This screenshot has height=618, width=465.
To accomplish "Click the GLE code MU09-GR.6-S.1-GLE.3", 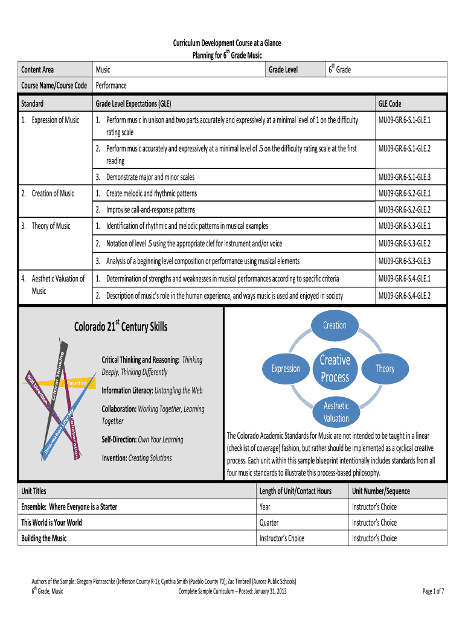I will click(x=404, y=177).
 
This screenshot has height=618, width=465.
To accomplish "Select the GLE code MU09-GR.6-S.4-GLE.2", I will click(x=404, y=296).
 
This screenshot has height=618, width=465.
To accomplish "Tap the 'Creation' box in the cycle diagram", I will click(x=335, y=325).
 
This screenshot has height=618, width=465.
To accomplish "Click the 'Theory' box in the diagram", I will click(x=385, y=369).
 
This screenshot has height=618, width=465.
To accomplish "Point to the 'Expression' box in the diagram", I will click(x=286, y=369).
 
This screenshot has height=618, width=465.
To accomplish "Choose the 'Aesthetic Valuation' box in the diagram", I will click(x=336, y=412).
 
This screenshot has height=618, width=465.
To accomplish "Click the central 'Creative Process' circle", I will click(x=335, y=369).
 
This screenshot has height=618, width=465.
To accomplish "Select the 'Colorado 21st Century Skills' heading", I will click(x=121, y=327).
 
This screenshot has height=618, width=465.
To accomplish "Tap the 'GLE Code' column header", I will click(x=390, y=104).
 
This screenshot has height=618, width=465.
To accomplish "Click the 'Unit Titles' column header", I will click(x=34, y=491).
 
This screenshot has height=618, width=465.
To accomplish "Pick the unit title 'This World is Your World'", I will click(x=51, y=523).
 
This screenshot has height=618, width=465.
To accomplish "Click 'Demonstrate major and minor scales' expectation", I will click(x=150, y=177).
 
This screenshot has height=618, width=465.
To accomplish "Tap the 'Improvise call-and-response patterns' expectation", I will click(x=150, y=210).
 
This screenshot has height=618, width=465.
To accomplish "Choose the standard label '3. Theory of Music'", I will click(x=46, y=226).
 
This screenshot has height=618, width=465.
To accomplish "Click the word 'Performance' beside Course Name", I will click(x=111, y=86).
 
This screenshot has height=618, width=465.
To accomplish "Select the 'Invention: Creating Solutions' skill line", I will click(x=136, y=458).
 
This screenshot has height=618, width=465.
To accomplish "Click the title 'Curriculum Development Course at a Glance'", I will click(x=227, y=43).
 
